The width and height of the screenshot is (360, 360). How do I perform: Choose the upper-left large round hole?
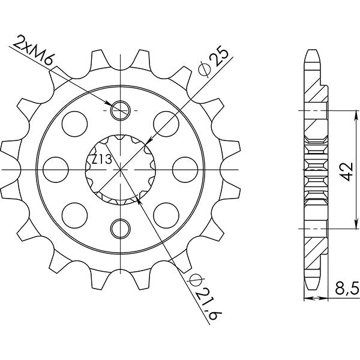coord(75,122)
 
